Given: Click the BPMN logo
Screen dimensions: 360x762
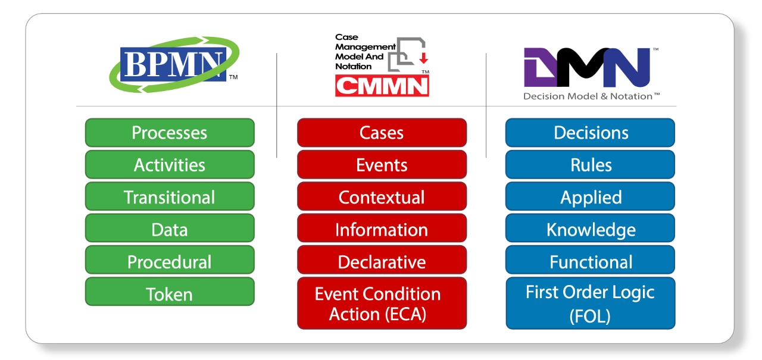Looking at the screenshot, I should click(x=174, y=65).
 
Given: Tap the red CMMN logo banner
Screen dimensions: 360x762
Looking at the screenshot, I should click(x=382, y=85).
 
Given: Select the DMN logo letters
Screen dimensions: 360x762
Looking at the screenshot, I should click(x=586, y=67).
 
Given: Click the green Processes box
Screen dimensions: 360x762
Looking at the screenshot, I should click(x=170, y=132).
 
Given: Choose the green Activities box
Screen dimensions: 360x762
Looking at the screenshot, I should click(x=170, y=164).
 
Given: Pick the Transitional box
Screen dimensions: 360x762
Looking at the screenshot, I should click(x=170, y=196).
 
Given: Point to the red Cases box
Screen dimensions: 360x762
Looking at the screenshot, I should click(x=382, y=132).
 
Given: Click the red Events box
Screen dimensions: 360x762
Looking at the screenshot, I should click(x=382, y=164).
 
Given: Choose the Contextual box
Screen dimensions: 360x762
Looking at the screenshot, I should click(x=382, y=196).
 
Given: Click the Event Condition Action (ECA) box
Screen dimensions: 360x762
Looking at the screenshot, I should click(x=382, y=303).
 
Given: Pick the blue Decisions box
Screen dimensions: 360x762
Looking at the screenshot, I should click(x=590, y=132).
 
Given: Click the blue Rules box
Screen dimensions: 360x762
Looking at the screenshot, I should click(x=590, y=164).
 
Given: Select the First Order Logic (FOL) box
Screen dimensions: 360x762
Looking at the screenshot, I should click(x=590, y=303).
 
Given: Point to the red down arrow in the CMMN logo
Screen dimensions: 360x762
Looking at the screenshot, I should click(x=424, y=57).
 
